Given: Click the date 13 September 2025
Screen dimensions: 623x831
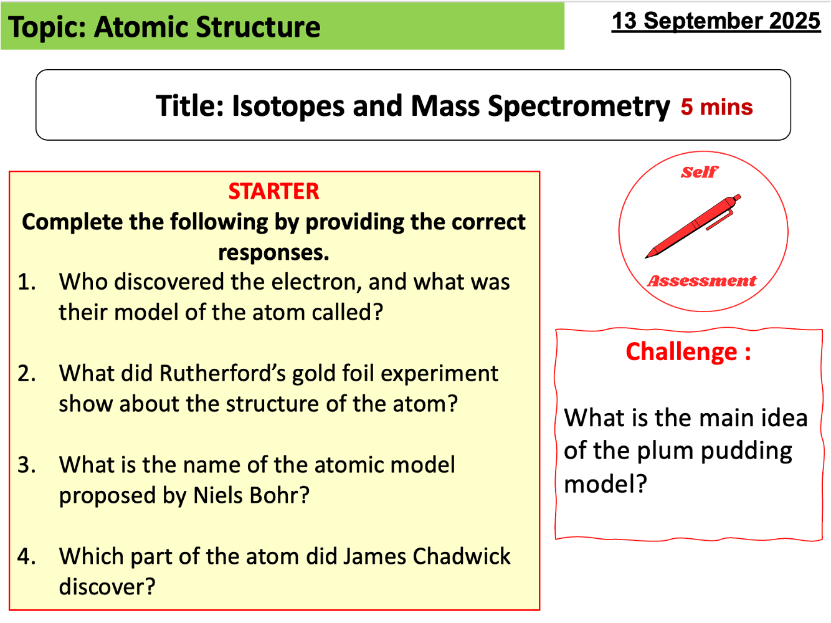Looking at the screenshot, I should click(716, 21).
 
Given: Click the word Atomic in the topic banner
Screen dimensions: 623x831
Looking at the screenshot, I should click(140, 27).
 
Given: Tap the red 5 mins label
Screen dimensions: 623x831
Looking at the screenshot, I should click(716, 107).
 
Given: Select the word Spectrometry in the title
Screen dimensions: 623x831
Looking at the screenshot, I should click(579, 106).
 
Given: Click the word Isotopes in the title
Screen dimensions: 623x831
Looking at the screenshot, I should click(288, 106).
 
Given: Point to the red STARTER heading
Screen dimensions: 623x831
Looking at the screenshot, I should click(273, 191).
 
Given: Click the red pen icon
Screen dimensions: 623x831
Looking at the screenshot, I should click(693, 226).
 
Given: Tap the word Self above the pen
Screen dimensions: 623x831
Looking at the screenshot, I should click(699, 172).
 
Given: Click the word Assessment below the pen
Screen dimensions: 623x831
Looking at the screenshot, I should click(702, 281).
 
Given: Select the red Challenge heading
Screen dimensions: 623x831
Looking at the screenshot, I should click(688, 352).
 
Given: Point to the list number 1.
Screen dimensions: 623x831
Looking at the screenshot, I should click(26, 282).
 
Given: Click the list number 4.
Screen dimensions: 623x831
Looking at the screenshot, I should click(26, 556).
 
